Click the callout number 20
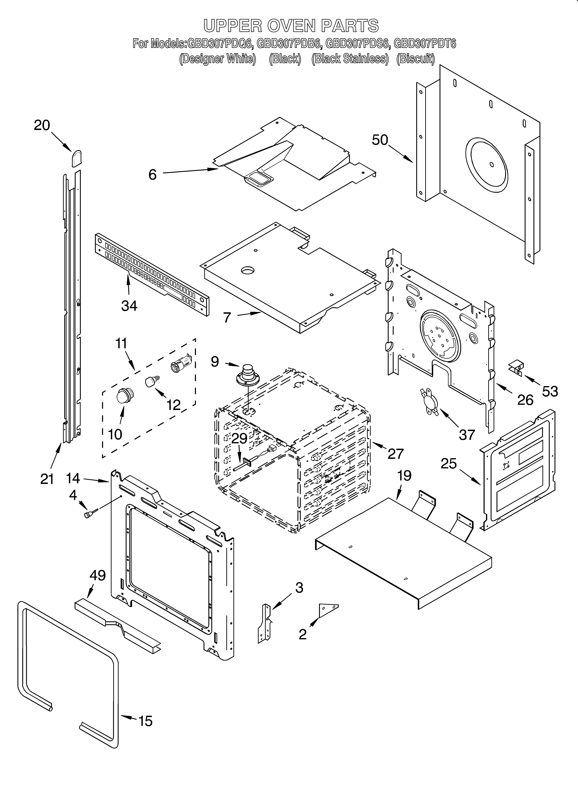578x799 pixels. pyautogui.click(x=42, y=125)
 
